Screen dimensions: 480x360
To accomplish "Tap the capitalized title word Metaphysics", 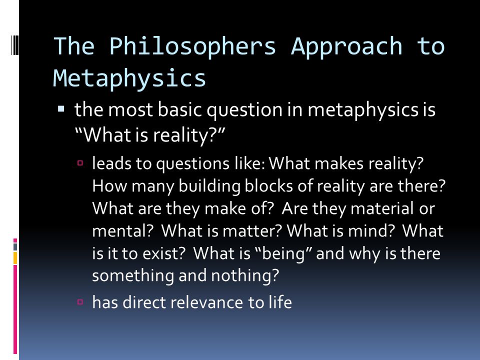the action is (129, 79).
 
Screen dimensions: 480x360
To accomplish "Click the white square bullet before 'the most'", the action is (61, 108).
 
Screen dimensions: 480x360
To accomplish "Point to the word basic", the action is (179, 109).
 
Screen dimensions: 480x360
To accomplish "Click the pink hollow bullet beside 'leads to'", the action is (80, 163).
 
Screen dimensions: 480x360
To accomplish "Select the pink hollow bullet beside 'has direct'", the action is (80, 302).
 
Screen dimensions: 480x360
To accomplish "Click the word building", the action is (209, 186).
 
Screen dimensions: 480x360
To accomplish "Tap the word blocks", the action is (269, 186).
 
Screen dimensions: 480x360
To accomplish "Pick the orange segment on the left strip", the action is (15, 258).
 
